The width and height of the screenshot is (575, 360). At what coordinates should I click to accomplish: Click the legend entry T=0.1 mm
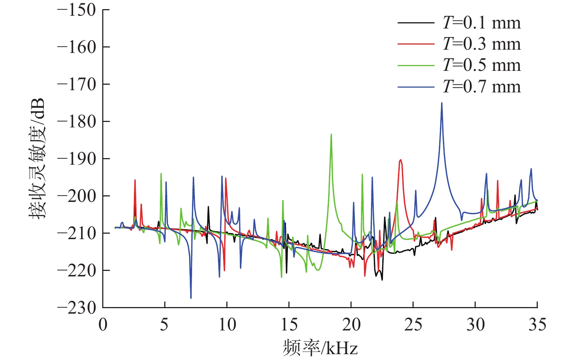[x=481, y=23]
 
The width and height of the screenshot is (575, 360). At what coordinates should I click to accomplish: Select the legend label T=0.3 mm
[x=481, y=44]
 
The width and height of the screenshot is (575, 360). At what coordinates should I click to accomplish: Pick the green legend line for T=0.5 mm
[x=416, y=66]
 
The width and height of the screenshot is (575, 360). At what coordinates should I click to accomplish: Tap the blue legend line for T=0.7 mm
[x=416, y=87]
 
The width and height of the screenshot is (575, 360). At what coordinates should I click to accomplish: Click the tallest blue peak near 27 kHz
[x=442, y=103]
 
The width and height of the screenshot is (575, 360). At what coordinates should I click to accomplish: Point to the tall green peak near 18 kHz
[x=331, y=135]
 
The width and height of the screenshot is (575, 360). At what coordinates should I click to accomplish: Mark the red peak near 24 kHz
[x=400, y=160]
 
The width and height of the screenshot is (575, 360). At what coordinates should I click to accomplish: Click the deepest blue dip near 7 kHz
[x=191, y=298]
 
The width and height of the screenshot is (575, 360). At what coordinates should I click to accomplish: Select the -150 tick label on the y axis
[x=77, y=10]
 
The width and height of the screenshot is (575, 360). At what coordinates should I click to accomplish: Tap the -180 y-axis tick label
[x=77, y=121]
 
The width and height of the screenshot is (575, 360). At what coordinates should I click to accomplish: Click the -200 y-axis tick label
[x=77, y=196]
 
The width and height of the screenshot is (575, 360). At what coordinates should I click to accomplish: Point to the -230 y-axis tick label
[x=77, y=307]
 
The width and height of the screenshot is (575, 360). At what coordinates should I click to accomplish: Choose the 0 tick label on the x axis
[x=103, y=324]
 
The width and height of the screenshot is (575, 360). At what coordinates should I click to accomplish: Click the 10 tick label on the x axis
[x=227, y=324]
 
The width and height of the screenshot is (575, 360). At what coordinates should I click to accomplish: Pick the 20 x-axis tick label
[x=351, y=324]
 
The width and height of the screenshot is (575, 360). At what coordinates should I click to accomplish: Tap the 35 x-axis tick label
[x=537, y=324]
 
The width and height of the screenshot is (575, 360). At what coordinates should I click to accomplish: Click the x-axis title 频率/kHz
[x=320, y=348]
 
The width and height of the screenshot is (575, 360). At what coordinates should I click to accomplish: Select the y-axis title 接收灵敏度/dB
[x=37, y=158]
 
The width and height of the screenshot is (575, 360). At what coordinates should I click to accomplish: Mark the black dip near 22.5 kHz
[x=382, y=280]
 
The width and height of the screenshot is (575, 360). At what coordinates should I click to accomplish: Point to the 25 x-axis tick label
[x=413, y=324]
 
